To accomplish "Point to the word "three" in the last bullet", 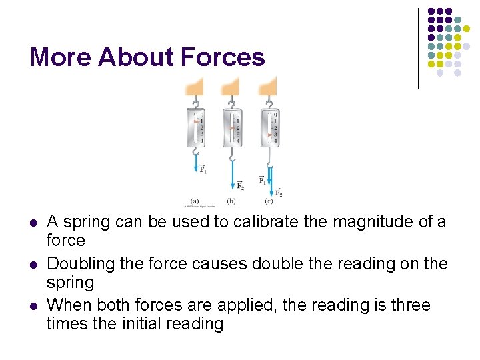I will [407, 305].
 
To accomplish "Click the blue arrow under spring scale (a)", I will [196, 161].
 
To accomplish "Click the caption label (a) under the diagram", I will [195, 201].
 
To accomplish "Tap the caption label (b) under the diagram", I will [231, 201].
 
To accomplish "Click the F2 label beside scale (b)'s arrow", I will [241, 185].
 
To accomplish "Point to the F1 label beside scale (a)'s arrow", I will [203, 169].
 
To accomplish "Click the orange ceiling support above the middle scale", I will [231, 86].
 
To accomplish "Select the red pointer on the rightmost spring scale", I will [271, 135].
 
